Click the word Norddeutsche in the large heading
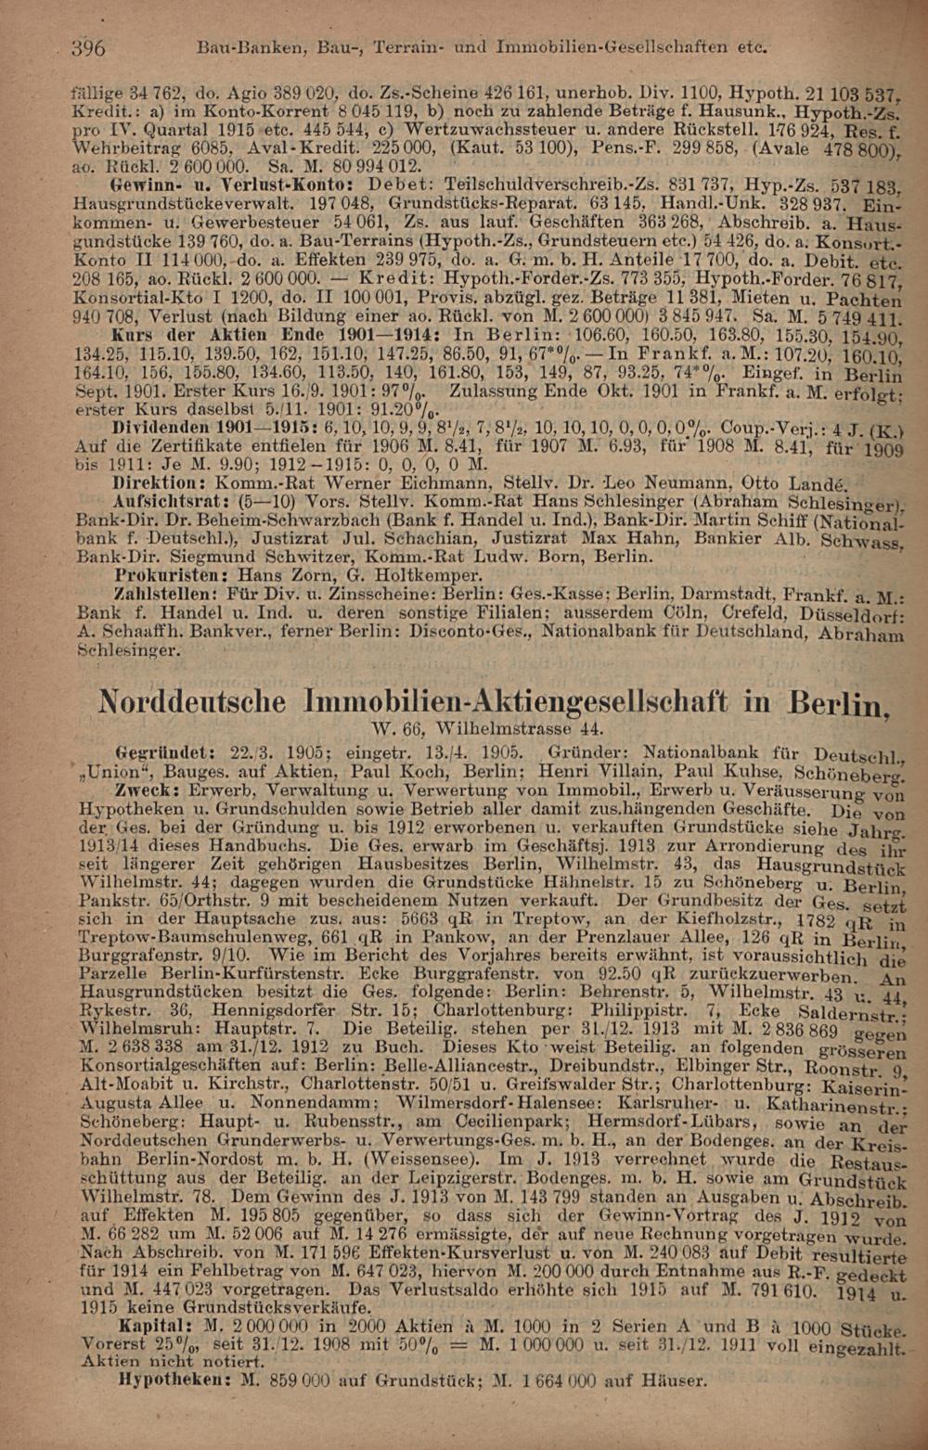[x=200, y=702]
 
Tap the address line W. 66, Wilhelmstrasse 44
[x=487, y=728]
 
